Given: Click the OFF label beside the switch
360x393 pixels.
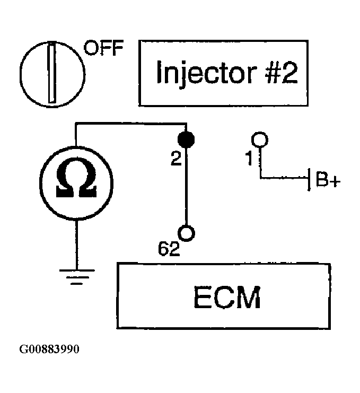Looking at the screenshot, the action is pos(104,48).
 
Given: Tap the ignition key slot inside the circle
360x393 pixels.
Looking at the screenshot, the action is pos(52,72).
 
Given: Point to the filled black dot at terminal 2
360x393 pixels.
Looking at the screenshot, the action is pos(186,139).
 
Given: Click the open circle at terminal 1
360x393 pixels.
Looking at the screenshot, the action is pos(260,139).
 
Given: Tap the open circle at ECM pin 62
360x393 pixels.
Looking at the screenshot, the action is pos(187,233).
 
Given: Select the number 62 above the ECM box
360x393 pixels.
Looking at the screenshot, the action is pos(169,249).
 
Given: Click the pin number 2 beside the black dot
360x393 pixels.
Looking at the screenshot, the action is pos(176,159).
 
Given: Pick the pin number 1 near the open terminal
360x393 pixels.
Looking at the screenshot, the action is pos(249,159).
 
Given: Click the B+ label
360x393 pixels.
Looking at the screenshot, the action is pos(328,179).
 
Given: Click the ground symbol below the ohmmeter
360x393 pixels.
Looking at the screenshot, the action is pos(77,277).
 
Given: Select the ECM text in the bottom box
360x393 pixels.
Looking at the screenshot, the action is pos(227,298).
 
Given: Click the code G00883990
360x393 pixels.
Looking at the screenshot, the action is pos(49,349).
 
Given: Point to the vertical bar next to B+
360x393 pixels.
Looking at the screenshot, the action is pos(309,179).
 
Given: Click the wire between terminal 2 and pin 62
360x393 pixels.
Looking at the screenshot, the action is pos(186,186).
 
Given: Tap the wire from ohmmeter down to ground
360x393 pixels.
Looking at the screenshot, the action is pos(77,245).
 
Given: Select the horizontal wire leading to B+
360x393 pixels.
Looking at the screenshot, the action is pos(284,178).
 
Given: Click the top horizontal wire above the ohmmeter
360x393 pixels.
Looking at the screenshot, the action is pos(131,124).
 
